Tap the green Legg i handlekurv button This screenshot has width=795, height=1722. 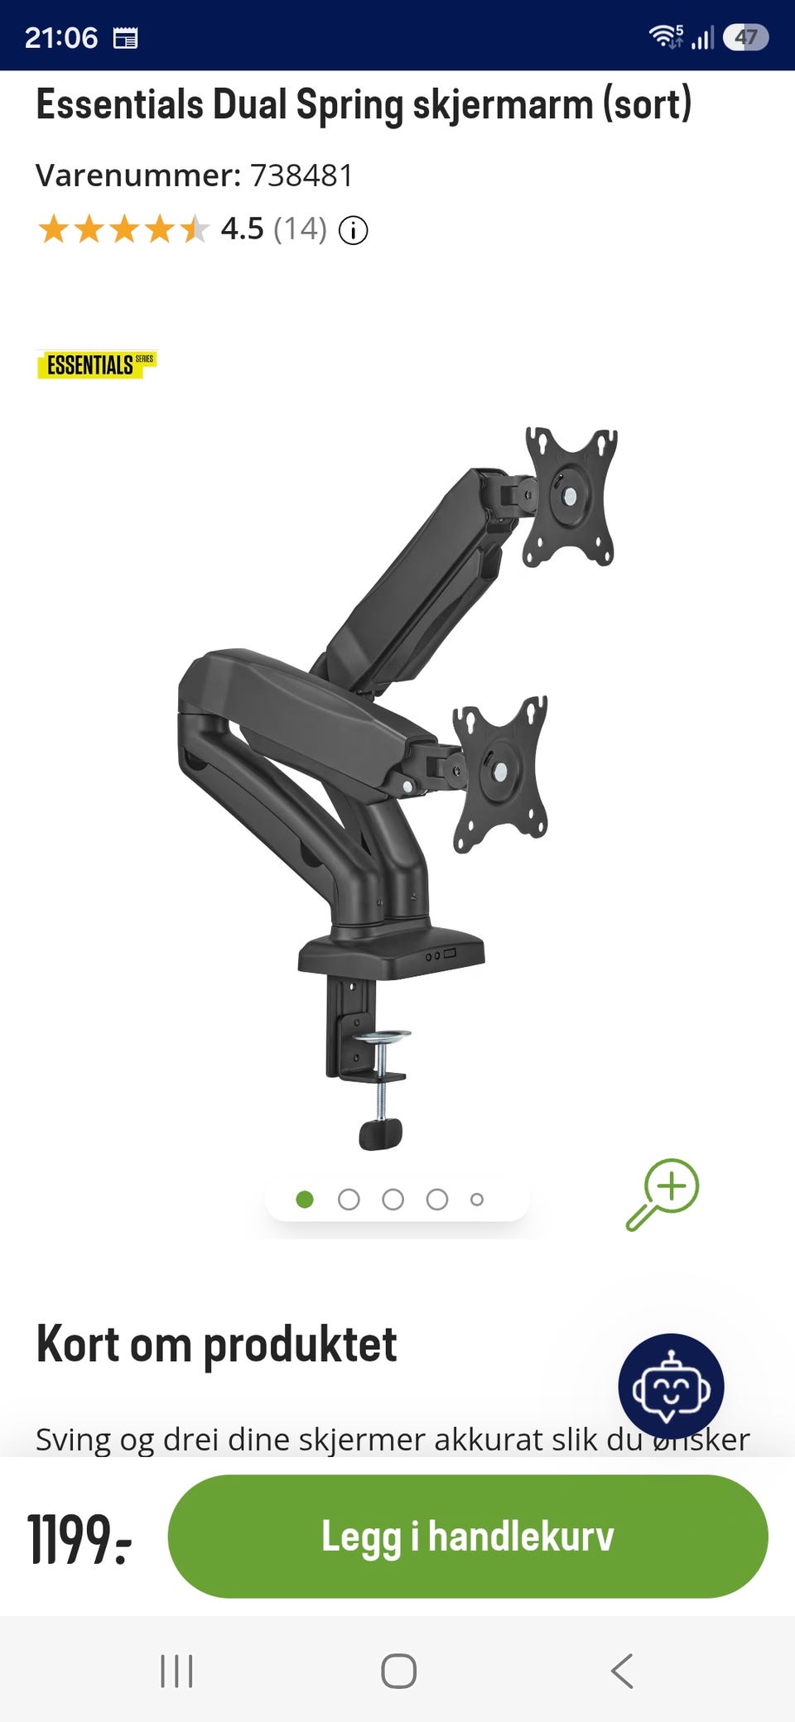(x=468, y=1536)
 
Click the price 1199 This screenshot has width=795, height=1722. (x=79, y=1539)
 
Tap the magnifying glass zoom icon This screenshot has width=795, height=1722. (x=662, y=1194)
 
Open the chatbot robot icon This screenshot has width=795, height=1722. (x=671, y=1386)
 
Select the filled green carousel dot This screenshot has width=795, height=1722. (x=305, y=1199)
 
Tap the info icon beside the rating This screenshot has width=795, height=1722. (x=354, y=230)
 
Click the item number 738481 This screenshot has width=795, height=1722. (x=301, y=176)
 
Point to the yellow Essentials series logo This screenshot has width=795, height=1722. (x=96, y=364)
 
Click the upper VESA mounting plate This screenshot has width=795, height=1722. (x=571, y=497)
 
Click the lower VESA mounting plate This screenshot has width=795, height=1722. (x=500, y=773)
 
